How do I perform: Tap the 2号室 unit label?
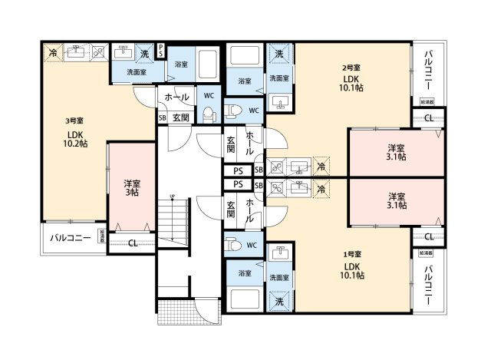click(351, 68)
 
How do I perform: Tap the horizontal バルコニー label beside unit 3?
click(71, 238)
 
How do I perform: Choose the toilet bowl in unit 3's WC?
click(206, 114)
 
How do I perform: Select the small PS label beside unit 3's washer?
click(160, 50)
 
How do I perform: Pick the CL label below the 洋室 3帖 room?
click(133, 244)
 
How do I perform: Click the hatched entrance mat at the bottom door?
click(208, 312)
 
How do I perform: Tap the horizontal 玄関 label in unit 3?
click(180, 117)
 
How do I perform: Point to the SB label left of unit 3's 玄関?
click(162, 118)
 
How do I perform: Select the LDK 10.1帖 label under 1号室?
click(353, 269)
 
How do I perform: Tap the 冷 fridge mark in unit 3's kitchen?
click(53, 52)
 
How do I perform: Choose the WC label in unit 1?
click(251, 246)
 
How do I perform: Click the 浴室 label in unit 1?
click(245, 273)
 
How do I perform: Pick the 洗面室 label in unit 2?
click(278, 78)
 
